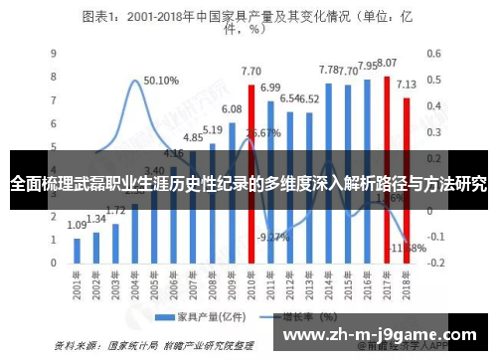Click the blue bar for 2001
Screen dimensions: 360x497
78,253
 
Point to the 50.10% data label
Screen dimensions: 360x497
161,81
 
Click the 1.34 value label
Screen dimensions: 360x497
96,219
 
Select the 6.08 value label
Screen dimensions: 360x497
232,109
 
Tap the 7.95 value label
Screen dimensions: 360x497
367,66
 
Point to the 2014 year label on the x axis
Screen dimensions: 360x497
328,285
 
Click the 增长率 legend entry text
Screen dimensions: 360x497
293,317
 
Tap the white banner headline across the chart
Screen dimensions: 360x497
248,184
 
